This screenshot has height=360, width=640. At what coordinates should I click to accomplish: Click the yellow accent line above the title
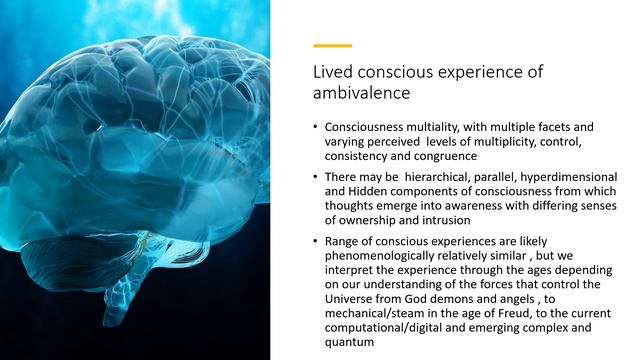point(332,45)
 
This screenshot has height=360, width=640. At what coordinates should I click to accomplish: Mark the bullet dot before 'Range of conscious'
point(315,241)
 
